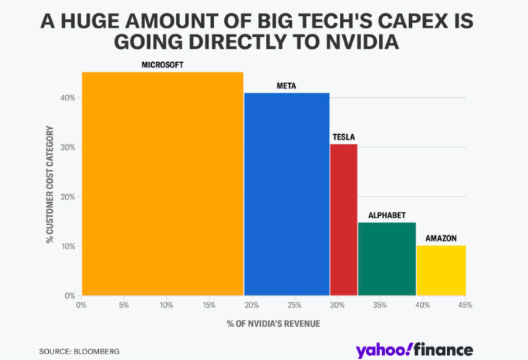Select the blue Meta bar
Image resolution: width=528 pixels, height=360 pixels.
coord(286,194)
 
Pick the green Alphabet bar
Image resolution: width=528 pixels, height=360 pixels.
coord(387,259)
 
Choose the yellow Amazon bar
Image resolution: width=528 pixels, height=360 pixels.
coord(441,270)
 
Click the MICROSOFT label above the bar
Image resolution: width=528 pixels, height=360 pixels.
coord(162,65)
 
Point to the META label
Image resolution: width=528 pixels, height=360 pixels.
coord(286,86)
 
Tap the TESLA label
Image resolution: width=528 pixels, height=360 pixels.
coord(343,137)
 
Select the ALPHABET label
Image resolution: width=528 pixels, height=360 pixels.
coord(387,215)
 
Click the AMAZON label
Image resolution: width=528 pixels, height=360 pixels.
coord(441,238)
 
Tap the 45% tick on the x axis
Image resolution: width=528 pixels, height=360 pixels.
coord(465,305)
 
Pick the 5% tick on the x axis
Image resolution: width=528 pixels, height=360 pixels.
coord(124,305)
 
